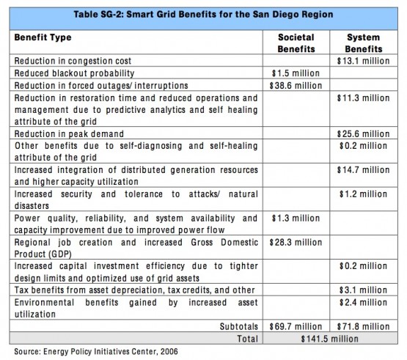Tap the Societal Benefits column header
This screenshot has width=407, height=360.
click(x=296, y=43)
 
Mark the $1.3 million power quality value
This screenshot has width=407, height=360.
click(x=296, y=218)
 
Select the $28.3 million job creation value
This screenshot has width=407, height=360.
click(x=296, y=243)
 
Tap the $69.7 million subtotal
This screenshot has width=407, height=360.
click(x=296, y=327)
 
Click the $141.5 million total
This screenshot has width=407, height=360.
click(x=329, y=339)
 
